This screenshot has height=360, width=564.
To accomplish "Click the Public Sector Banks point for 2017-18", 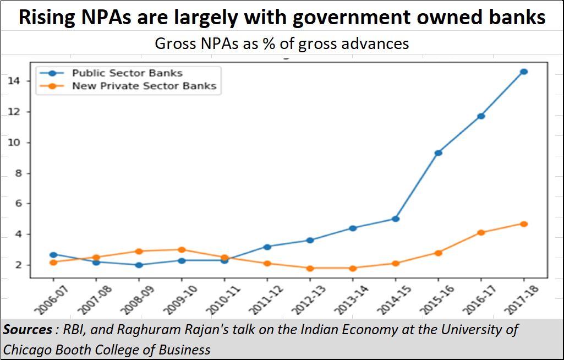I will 523,72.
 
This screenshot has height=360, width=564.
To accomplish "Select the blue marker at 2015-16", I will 438,152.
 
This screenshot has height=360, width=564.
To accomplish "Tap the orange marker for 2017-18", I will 523,223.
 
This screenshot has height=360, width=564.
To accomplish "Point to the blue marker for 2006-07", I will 54,255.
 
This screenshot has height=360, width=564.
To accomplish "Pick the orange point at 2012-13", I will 310,268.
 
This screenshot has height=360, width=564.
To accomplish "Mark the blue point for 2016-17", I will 481,116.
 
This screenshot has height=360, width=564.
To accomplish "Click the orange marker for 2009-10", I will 182,249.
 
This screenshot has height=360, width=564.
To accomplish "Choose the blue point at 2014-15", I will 395,219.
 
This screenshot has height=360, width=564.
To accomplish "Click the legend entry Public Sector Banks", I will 127,73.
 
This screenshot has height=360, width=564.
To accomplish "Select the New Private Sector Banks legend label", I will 144,86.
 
